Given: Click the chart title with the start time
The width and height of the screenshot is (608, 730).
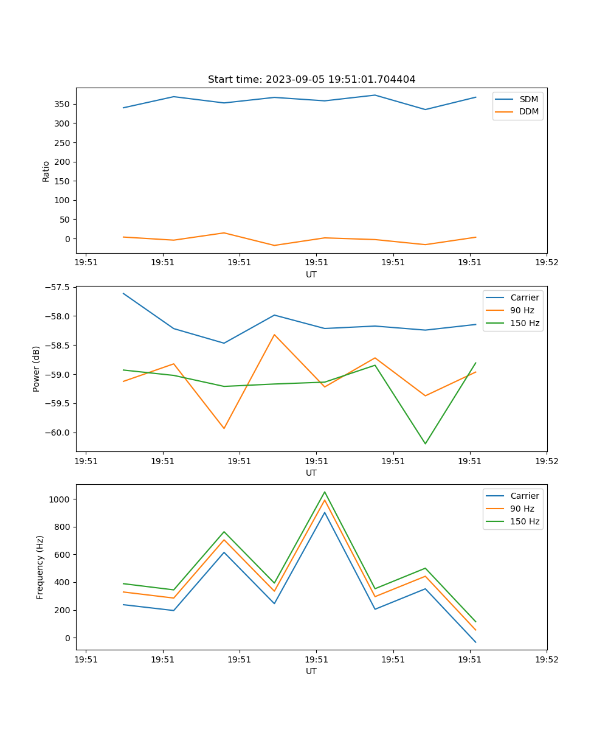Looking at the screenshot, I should coord(311,80).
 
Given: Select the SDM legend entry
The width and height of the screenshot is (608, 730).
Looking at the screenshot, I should coord(528,99).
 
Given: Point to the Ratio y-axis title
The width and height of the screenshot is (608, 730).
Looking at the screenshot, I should coord(46,171).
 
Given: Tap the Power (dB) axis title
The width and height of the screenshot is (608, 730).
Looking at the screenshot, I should coord(36,369).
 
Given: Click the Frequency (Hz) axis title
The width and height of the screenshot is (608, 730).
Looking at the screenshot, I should coord(40,567).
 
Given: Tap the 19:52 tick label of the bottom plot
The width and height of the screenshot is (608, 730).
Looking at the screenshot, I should coord(546,659).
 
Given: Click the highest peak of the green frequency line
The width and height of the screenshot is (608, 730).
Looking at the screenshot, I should coord(325,492).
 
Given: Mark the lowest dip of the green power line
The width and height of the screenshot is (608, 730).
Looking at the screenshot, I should coord(425,443).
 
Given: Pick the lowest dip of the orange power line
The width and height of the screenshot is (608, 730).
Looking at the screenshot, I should coord(224,428).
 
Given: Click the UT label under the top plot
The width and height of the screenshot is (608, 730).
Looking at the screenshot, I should coord(311,274).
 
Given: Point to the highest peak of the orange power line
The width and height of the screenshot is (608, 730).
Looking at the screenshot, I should coord(274,335).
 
